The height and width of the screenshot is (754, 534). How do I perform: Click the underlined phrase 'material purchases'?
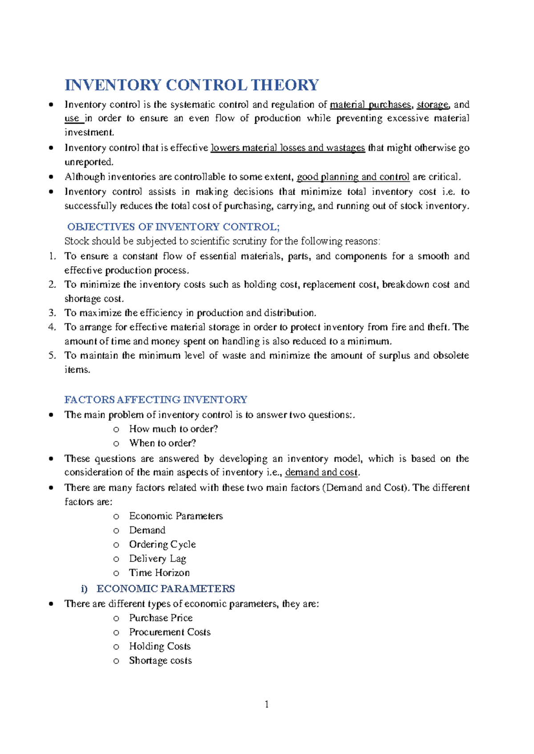tap(370, 105)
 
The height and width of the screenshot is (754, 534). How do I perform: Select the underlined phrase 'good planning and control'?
tap(353, 177)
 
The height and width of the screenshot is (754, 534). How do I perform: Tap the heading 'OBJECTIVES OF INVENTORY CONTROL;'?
tap(173, 227)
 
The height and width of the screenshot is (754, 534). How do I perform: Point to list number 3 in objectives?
tap(52, 313)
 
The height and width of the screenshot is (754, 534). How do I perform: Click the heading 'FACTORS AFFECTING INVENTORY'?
tap(156, 400)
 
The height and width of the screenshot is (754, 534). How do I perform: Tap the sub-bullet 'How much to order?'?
tap(173, 429)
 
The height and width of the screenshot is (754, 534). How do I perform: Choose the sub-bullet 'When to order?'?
tap(162, 443)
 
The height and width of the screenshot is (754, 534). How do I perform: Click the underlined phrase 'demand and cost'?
tap(321, 473)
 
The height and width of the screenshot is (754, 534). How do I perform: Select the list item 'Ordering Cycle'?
tap(162, 545)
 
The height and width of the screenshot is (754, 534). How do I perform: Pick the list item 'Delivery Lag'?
tap(158, 559)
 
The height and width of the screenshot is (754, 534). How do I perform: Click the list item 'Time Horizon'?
tap(159, 573)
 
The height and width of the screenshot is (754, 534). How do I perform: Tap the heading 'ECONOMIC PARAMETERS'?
tap(166, 589)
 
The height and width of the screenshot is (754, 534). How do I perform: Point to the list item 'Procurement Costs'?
tap(170, 632)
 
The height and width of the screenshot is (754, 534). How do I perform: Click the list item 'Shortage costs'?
tap(160, 661)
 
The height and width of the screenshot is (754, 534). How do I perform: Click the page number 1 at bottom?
tap(267, 704)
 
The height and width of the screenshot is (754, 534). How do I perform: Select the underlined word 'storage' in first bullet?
tap(432, 105)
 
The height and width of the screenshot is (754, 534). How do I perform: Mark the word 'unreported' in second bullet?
tap(89, 162)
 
